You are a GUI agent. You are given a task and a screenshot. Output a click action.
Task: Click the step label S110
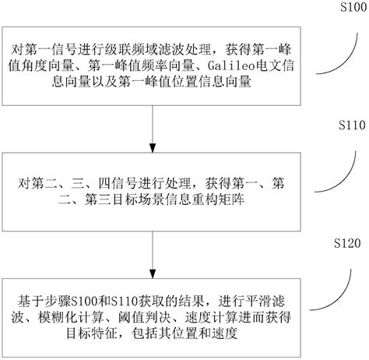click(x=343, y=125)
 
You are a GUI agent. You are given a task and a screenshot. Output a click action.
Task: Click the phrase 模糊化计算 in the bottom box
click(x=78, y=318)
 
